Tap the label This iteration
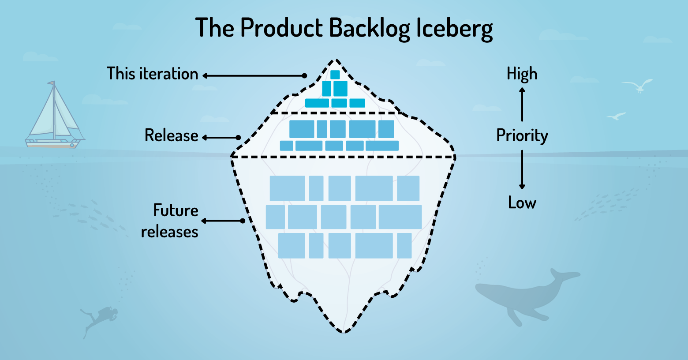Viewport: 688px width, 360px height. click(x=152, y=74)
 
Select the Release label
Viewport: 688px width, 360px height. click(x=171, y=135)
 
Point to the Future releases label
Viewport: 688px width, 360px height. click(x=170, y=221)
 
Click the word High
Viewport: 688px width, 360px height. click(x=522, y=74)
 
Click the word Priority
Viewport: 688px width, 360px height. click(x=522, y=135)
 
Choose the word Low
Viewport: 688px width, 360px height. click(x=522, y=202)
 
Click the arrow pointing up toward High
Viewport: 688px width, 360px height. click(x=522, y=104)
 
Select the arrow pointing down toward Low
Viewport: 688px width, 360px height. click(x=522, y=170)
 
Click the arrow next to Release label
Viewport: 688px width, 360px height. click(x=221, y=138)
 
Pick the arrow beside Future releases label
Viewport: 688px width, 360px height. click(x=223, y=221)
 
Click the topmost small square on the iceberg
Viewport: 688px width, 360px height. click(x=335, y=75)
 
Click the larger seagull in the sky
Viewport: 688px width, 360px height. click(x=638, y=86)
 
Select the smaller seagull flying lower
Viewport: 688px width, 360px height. click(x=616, y=116)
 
